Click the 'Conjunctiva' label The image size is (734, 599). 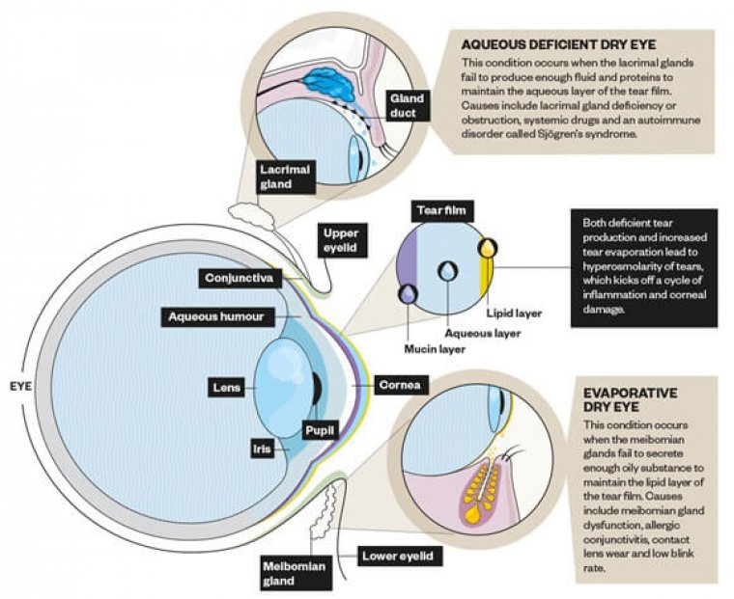click(240, 279)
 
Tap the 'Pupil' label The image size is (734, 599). click(319, 430)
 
